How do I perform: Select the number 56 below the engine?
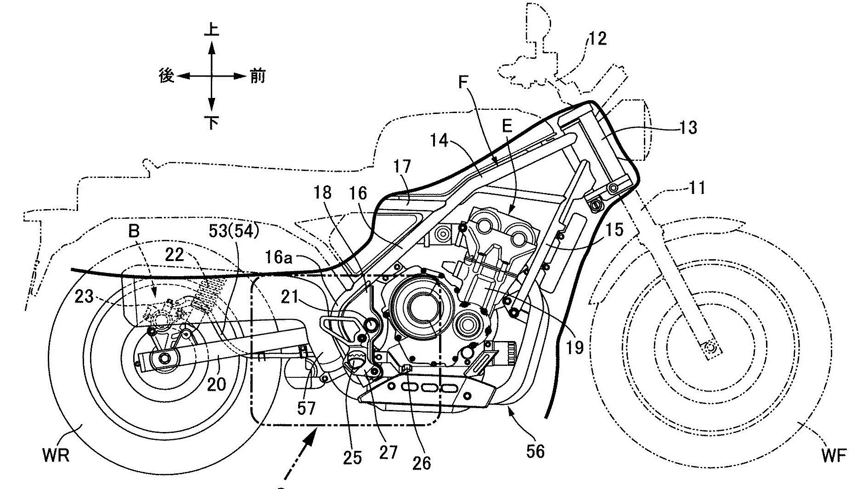tap(535, 451)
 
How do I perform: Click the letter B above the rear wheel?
tap(134, 231)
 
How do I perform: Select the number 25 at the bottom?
tap(352, 457)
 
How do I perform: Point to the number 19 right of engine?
tap(574, 347)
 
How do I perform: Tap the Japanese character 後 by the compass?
tap(166, 76)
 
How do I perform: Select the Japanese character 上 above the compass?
tap(211, 30)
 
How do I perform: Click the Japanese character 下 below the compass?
tap(211, 122)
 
